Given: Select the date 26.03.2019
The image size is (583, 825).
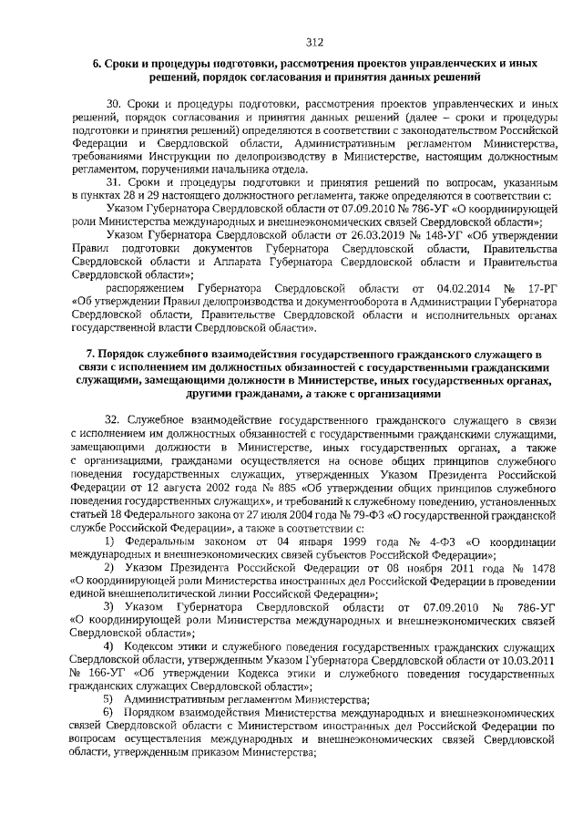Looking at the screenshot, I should (x=332, y=234).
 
